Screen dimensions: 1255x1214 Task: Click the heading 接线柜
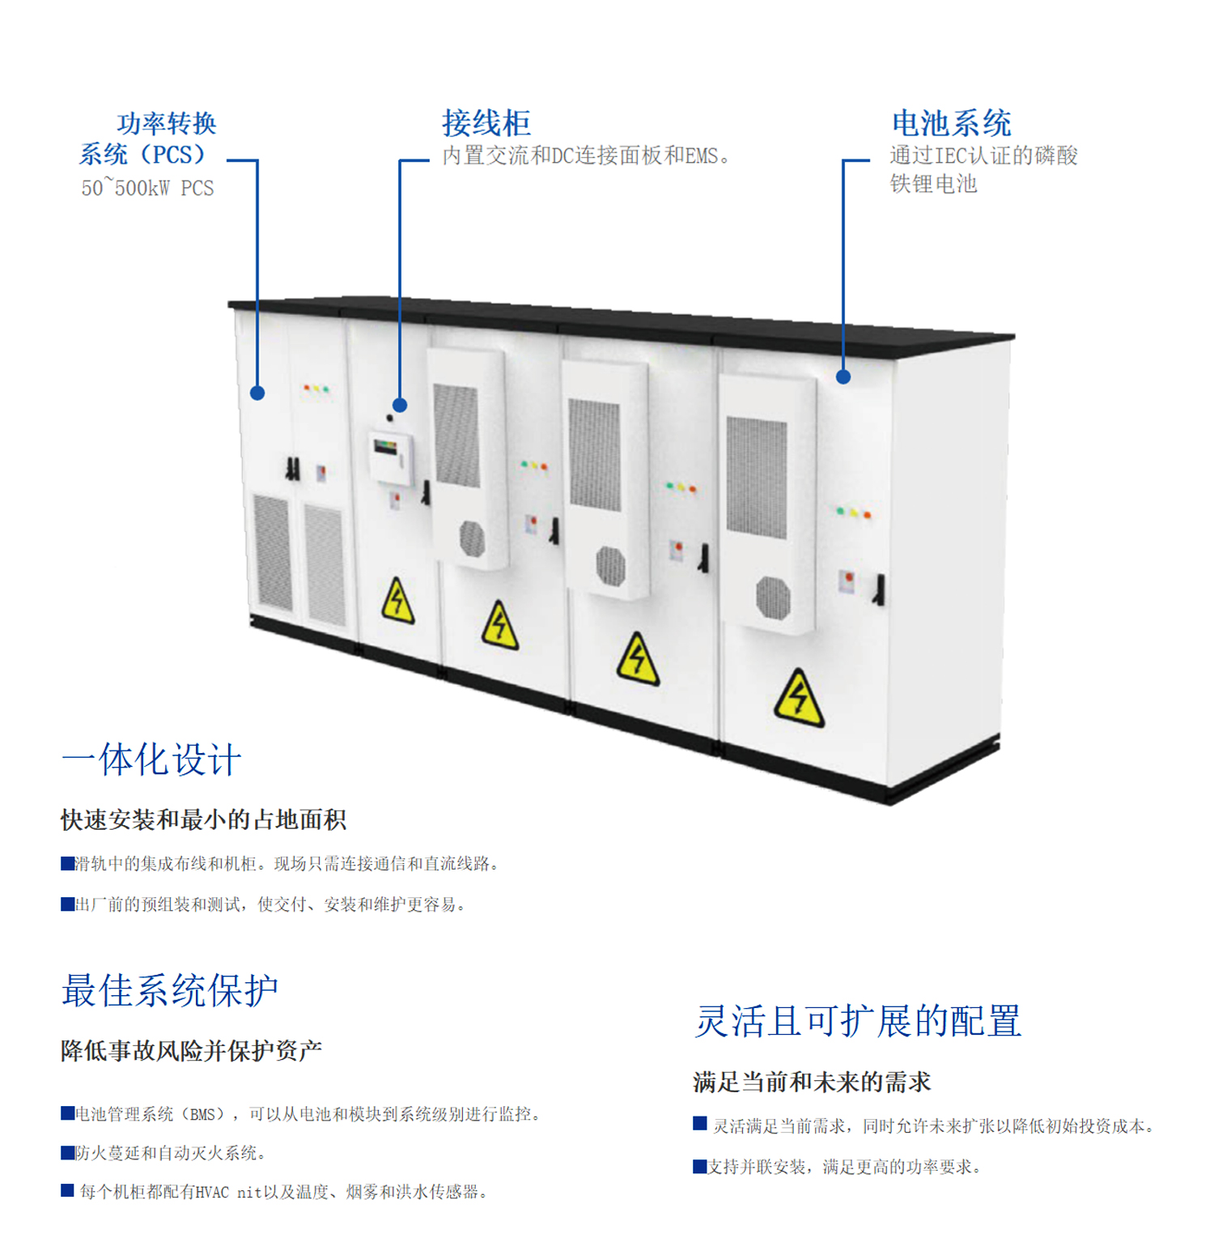[x=486, y=123]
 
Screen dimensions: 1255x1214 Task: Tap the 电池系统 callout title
[x=951, y=123]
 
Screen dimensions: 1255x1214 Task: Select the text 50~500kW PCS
[x=147, y=188]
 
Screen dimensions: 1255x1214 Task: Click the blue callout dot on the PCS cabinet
[x=257, y=393]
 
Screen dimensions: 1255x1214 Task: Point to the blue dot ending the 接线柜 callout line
[x=400, y=405]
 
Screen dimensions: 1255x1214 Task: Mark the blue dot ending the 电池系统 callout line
[x=843, y=376]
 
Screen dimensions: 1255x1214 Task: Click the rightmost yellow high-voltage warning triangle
[x=799, y=699]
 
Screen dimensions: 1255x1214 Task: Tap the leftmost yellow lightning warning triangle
[x=397, y=602]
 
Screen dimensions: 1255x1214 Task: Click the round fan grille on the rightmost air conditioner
[x=773, y=598]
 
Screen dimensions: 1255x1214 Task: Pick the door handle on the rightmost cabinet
[x=879, y=589]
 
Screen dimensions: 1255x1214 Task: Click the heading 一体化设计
[x=151, y=759]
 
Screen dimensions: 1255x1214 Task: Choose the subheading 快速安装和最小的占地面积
[x=203, y=819]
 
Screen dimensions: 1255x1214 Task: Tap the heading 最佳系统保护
[x=170, y=990]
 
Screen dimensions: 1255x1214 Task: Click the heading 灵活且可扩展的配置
[x=858, y=1020]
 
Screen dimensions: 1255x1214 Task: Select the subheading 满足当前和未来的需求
[x=812, y=1082]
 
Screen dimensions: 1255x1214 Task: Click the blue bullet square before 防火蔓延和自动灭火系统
[x=68, y=1152]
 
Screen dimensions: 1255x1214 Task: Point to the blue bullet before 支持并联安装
[x=700, y=1166]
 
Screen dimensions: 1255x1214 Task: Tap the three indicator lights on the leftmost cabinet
[x=316, y=389]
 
